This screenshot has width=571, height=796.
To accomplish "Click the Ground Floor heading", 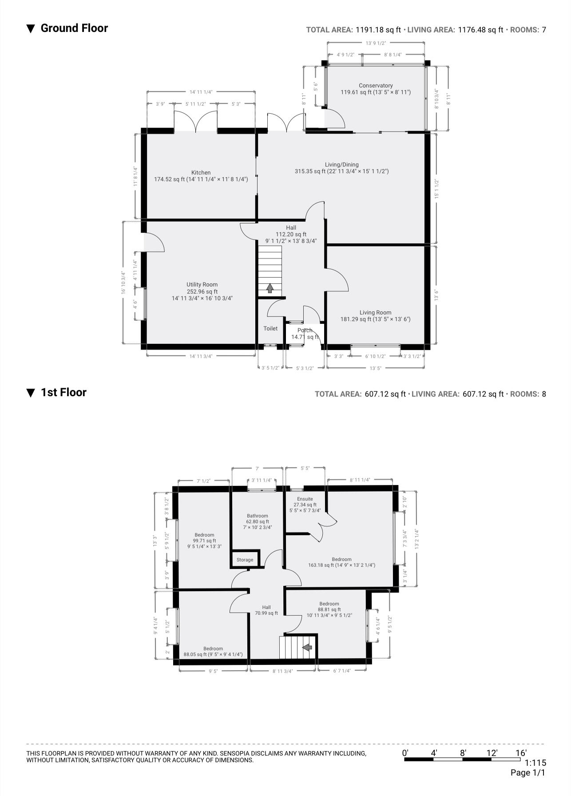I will pos(74,28).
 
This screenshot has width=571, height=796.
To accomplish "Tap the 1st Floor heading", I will pos(63,393).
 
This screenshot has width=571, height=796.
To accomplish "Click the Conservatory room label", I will pos(376,85).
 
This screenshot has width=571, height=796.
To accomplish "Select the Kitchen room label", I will pos(201,172).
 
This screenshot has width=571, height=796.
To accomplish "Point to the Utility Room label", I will pos(202,284).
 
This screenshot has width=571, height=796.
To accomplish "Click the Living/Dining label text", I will pos(341,164).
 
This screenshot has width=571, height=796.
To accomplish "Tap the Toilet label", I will pos(270,328).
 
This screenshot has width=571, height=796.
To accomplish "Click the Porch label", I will pos(305,330).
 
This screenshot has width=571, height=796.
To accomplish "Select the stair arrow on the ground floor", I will pos(270,289).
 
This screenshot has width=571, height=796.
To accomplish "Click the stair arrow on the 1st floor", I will pos(307,648).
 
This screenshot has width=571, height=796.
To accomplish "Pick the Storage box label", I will pos(245,560).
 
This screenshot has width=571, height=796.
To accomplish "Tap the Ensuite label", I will pos(305,499).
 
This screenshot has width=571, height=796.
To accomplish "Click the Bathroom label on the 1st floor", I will pos(258,516).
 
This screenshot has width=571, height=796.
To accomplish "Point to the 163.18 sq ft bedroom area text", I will pos(341,565).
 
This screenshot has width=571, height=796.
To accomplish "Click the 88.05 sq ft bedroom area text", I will pos(213,654).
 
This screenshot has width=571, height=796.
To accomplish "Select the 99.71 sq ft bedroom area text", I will pos(204,541).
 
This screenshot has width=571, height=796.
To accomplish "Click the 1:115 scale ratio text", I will pos(535,762).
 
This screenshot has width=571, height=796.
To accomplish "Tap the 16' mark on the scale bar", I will pos(520,752).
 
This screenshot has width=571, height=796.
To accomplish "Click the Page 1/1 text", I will pos(527,772).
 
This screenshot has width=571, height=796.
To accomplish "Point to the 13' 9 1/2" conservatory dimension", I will pos(376,43).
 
